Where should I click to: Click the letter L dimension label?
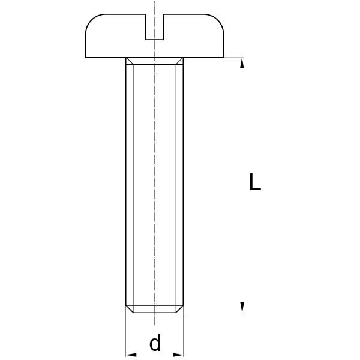click(255, 182)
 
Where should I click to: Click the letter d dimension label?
click(155, 343)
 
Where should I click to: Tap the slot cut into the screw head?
click(155, 27)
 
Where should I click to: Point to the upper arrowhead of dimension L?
click(242, 63)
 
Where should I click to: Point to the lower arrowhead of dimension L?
click(242, 307)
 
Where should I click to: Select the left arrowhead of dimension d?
click(131, 355)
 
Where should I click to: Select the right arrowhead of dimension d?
click(178, 355)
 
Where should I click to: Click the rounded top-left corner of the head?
click(91, 20)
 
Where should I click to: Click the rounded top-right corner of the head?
click(218, 20)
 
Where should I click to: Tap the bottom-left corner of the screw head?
click(86, 57)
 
